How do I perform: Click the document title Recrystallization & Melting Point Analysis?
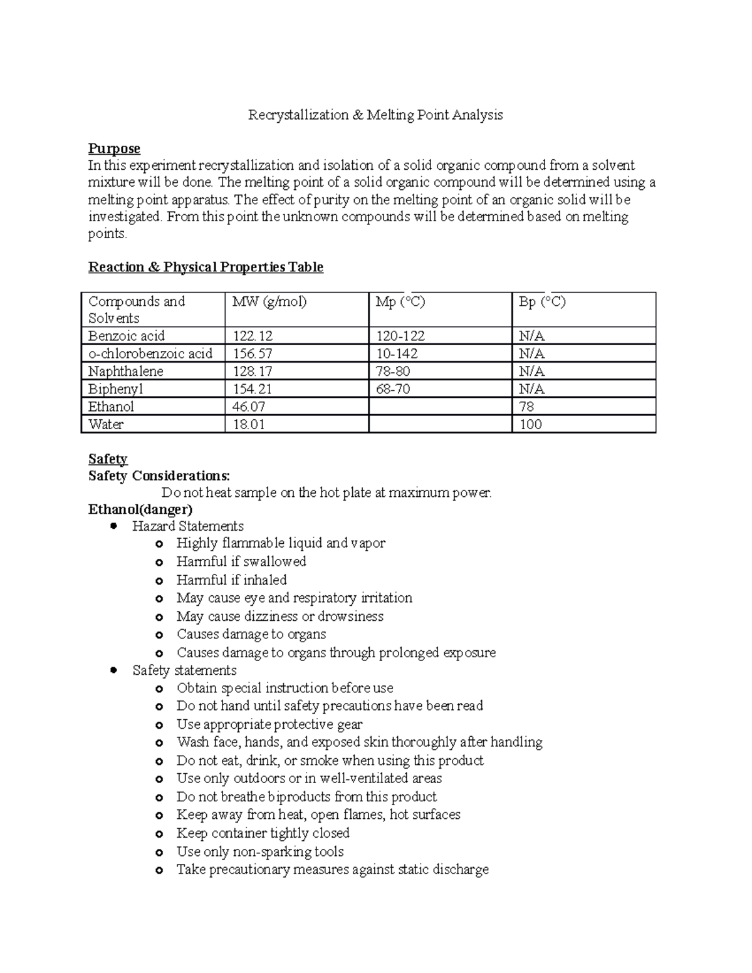pos(375,115)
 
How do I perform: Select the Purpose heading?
pos(114,148)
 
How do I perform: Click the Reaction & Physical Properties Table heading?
pos(206,267)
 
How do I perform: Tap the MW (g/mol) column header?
pos(269,301)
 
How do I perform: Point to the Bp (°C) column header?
pos(542,301)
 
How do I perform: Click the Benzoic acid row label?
pos(127,336)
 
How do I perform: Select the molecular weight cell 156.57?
pos(253,353)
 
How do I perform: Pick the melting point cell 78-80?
pos(393,371)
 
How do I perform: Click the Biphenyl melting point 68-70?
pos(393,389)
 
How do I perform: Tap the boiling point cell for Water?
pos(531,424)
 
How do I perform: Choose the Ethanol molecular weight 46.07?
pos(249,407)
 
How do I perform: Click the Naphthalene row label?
pos(126,371)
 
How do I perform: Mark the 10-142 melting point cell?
pos(397,353)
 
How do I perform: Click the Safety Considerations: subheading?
pos(159,476)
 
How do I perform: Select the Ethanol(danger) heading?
pos(140,509)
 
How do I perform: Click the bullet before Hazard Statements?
pos(114,526)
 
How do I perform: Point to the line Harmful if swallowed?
pos(241,561)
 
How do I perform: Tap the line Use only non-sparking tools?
pos(260,851)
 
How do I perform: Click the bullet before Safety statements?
pos(114,670)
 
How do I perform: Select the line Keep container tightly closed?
pos(263,833)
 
